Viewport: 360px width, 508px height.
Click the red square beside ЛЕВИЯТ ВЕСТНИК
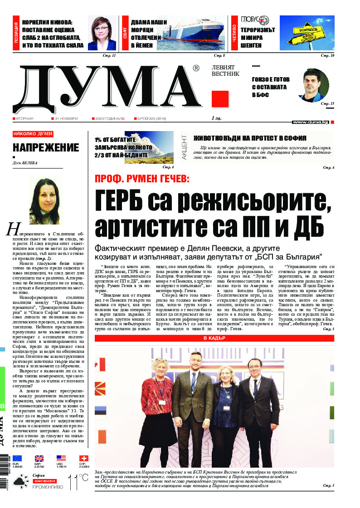click(x=220, y=99)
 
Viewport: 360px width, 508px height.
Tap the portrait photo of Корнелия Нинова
click(x=102, y=34)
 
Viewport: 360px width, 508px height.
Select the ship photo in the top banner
click(x=199, y=34)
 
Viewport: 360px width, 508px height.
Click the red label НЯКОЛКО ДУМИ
click(x=33, y=134)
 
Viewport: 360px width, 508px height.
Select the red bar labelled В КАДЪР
click(x=214, y=338)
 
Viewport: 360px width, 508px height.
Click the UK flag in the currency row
click(x=39, y=458)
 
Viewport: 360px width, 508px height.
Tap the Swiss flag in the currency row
click(x=84, y=458)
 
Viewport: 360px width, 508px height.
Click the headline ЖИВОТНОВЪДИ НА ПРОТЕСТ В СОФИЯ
click(x=250, y=138)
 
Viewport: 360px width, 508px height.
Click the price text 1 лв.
click(x=217, y=118)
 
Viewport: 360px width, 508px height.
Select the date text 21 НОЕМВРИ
click(x=66, y=118)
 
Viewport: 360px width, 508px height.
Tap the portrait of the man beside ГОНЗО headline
click(x=313, y=85)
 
